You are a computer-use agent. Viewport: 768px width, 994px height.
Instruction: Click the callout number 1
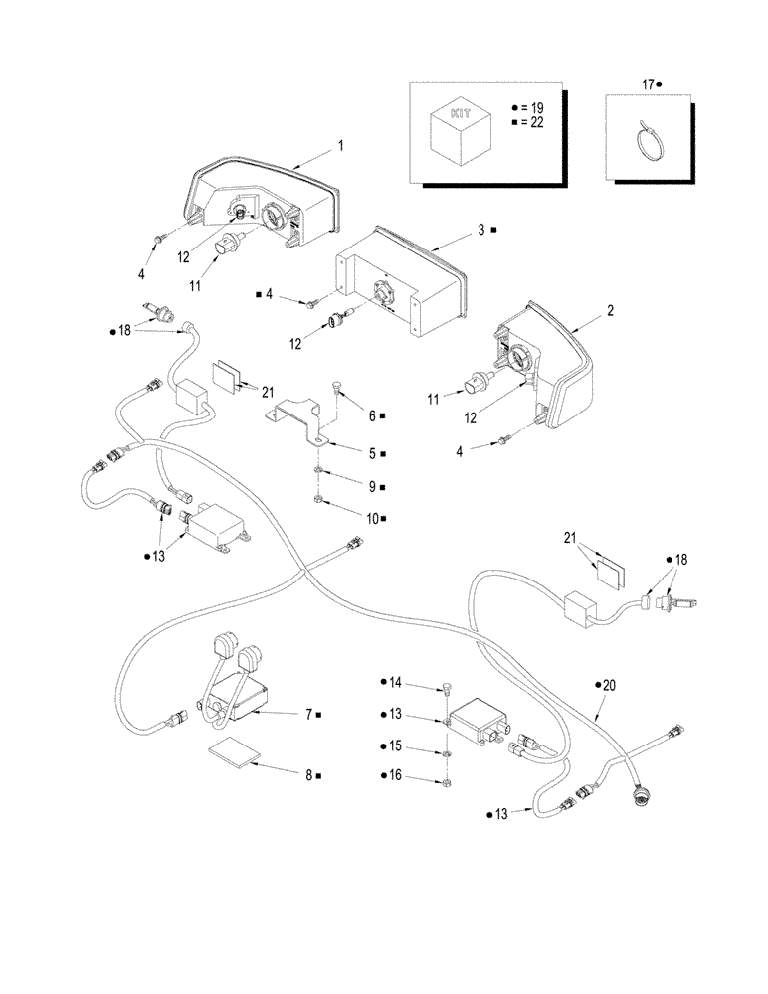tap(340, 145)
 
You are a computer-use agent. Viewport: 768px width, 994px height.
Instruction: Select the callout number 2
tap(610, 310)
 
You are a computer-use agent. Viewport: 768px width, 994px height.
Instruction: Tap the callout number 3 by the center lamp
tap(480, 229)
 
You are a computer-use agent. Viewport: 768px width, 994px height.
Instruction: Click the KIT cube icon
tap(459, 128)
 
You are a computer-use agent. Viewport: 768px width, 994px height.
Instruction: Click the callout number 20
tap(610, 685)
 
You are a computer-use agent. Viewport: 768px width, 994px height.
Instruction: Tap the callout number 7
tap(309, 714)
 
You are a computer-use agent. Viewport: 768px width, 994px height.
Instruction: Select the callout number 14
tap(395, 683)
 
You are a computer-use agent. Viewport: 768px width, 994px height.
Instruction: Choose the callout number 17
tap(649, 85)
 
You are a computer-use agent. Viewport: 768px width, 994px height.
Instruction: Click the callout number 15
tap(395, 745)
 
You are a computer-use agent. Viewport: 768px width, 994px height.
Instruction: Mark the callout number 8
tap(310, 773)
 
